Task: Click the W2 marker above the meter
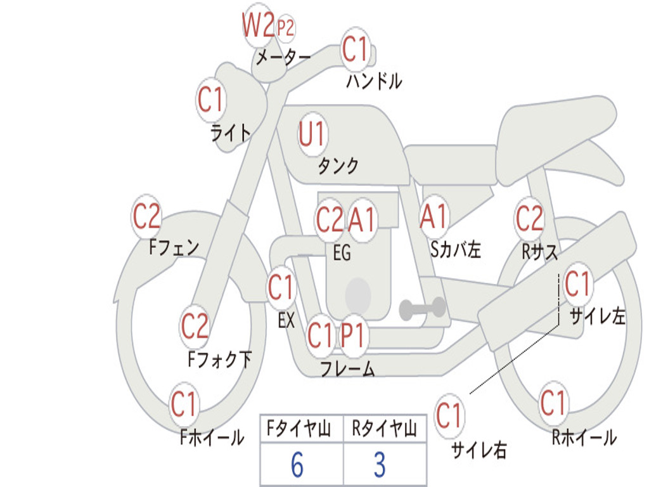pyautogui.click(x=259, y=25)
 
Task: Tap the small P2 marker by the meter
pyautogui.click(x=285, y=28)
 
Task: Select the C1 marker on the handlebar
pyautogui.click(x=355, y=48)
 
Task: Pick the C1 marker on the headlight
pyautogui.click(x=210, y=100)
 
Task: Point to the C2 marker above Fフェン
pyautogui.click(x=146, y=216)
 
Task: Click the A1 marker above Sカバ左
pyautogui.click(x=434, y=216)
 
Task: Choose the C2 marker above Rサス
pyautogui.click(x=529, y=218)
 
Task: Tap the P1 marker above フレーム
pyautogui.click(x=353, y=335)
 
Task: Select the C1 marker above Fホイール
pyautogui.click(x=183, y=404)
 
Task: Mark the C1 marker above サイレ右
pyautogui.click(x=449, y=415)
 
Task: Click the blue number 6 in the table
pyautogui.click(x=297, y=464)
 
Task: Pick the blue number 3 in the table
pyautogui.click(x=380, y=464)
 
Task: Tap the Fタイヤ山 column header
pyautogui.click(x=299, y=428)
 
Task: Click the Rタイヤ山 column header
pyautogui.click(x=384, y=428)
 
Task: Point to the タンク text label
pyautogui.click(x=338, y=166)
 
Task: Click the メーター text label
pyautogui.click(x=283, y=57)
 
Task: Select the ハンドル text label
pyautogui.click(x=374, y=81)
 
